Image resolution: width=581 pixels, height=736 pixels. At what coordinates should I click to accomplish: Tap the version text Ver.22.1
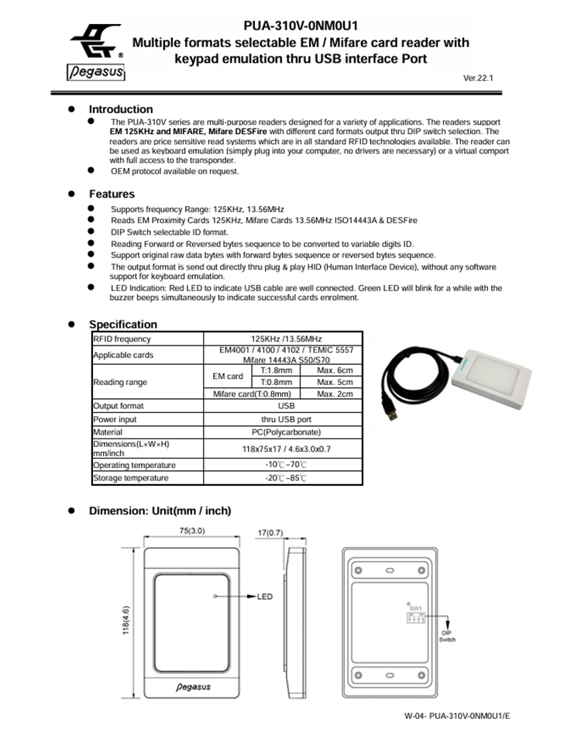[478, 78]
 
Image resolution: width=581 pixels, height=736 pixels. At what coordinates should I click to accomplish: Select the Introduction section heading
[121, 109]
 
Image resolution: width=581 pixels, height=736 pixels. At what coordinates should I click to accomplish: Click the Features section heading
[112, 194]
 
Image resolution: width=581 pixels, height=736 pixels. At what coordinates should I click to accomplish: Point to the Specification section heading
[122, 324]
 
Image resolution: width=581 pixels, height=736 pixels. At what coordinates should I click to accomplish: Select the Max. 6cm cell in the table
[335, 370]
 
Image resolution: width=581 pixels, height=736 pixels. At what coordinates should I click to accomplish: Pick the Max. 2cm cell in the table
[335, 394]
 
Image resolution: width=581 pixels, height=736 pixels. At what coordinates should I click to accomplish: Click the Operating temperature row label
[134, 465]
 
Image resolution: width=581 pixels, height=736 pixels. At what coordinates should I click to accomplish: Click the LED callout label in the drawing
[264, 597]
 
